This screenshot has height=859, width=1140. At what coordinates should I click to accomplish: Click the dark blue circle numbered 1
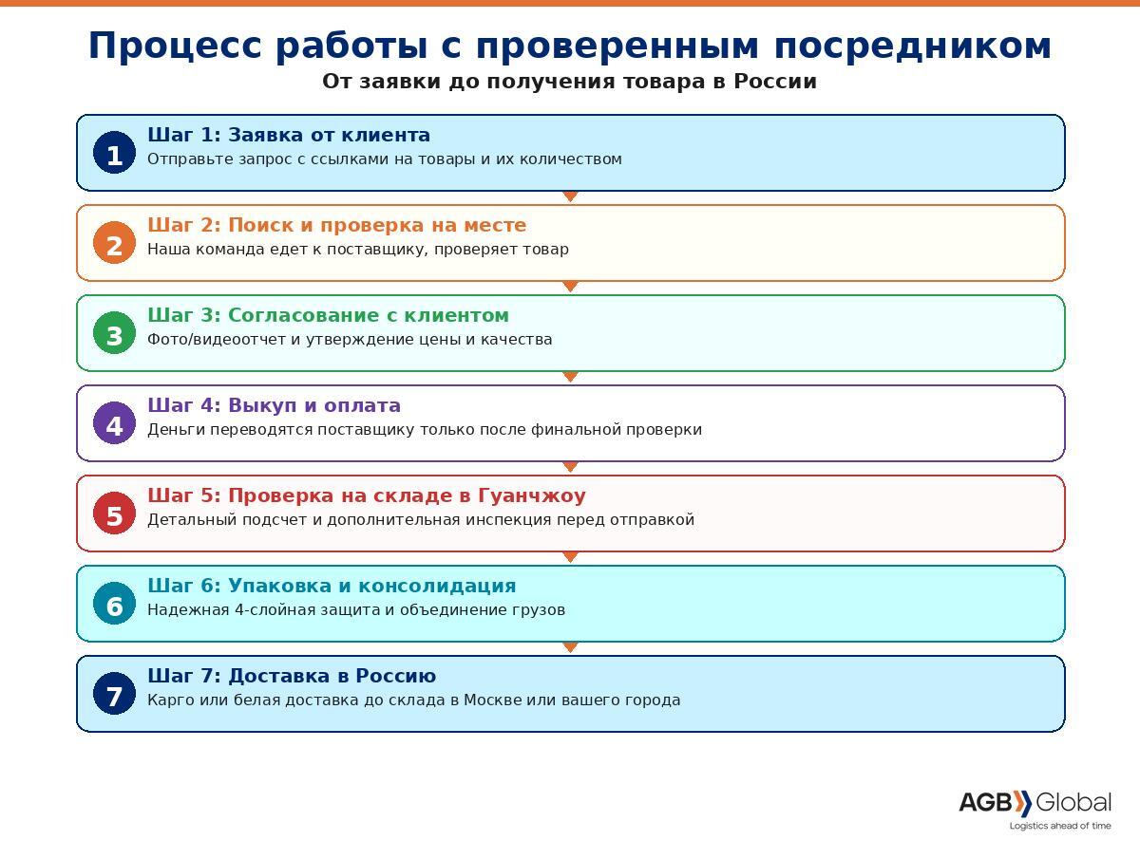click(x=114, y=153)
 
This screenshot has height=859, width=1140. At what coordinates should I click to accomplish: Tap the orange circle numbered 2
click(x=114, y=243)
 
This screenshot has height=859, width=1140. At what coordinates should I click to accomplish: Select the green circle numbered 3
click(x=114, y=333)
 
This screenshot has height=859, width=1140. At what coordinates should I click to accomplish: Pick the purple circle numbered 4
click(x=114, y=423)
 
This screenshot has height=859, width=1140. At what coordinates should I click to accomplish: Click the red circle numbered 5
click(x=114, y=514)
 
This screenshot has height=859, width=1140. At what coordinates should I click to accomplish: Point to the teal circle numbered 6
click(x=114, y=604)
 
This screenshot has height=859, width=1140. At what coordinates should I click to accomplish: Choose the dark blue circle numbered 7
click(x=114, y=694)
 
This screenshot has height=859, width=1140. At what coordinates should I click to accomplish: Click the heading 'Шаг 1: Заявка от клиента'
click(x=289, y=135)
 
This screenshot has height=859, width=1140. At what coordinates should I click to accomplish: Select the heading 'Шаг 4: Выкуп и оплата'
click(x=274, y=405)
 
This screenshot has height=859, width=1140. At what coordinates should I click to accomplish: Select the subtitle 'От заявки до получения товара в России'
click(x=569, y=82)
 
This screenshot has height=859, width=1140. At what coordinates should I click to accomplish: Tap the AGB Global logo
click(x=1035, y=803)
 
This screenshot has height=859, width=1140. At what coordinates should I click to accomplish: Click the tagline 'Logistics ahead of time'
click(x=1059, y=826)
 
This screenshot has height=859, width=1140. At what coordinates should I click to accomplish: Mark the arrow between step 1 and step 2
click(x=570, y=196)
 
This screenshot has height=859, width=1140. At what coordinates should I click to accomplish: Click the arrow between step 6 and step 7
click(x=570, y=647)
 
